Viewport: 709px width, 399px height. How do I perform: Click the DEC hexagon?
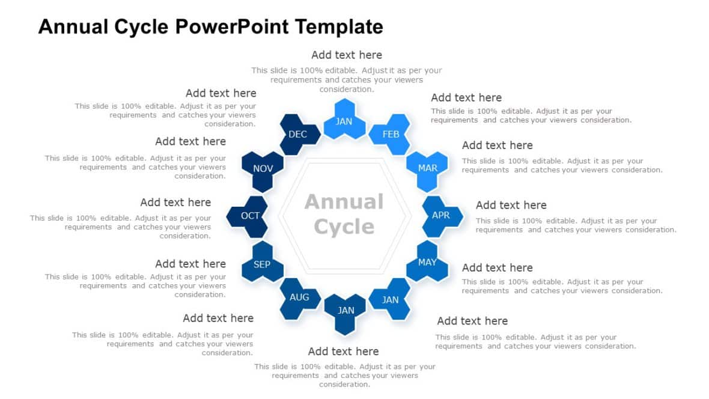[297, 134]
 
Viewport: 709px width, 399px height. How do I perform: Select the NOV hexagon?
[263, 168]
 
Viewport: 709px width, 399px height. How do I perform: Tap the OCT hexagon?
[250, 215]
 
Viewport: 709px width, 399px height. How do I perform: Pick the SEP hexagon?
[262, 264]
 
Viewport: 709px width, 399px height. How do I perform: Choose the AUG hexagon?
[299, 297]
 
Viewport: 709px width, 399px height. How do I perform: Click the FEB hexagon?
[391, 134]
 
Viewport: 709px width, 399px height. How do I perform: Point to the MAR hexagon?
[428, 168]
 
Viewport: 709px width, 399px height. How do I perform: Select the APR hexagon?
[441, 215]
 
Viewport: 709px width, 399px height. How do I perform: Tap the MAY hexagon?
[427, 262]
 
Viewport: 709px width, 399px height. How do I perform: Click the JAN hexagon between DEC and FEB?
[344, 121]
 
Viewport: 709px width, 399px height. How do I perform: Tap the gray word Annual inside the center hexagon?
[344, 202]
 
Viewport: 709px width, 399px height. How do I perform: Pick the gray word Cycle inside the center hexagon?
[344, 227]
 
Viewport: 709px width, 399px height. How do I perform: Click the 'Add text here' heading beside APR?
[511, 205]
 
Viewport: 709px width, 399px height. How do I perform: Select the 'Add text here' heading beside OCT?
[175, 202]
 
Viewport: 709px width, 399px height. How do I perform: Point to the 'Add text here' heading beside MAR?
[497, 145]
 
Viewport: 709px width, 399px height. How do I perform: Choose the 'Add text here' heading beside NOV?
[190, 141]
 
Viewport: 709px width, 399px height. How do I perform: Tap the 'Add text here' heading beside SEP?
[190, 263]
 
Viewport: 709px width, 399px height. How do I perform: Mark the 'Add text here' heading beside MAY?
[497, 267]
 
